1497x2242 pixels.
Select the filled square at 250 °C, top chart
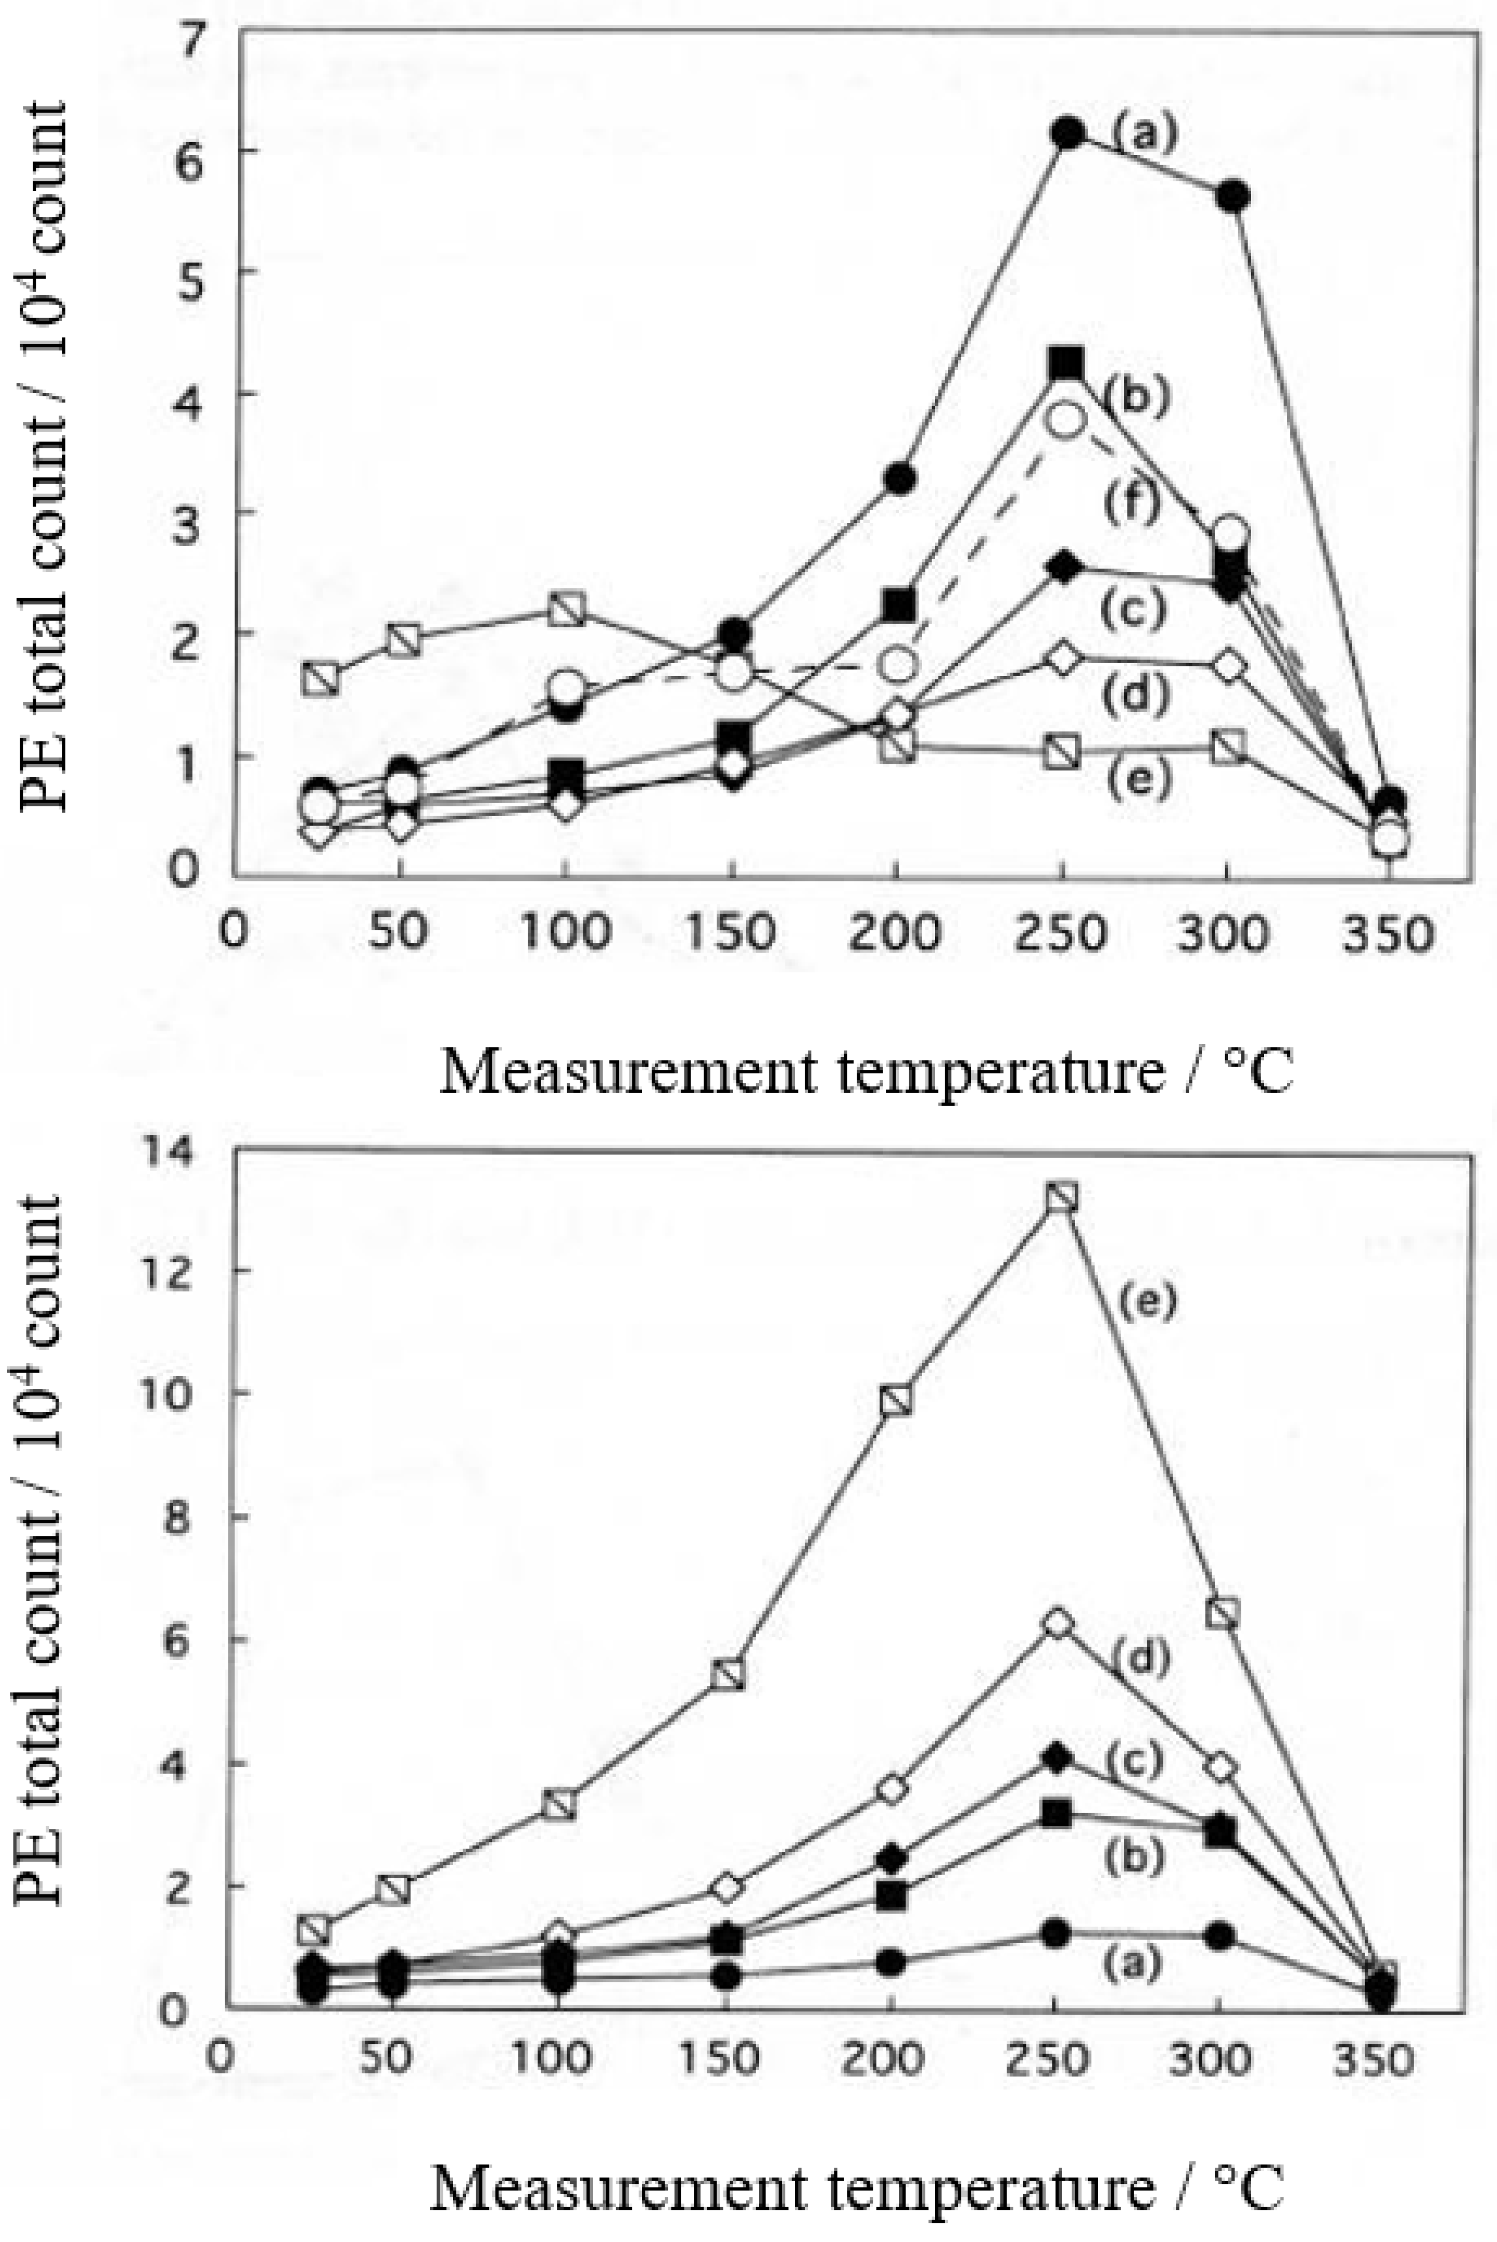point(1065,364)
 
